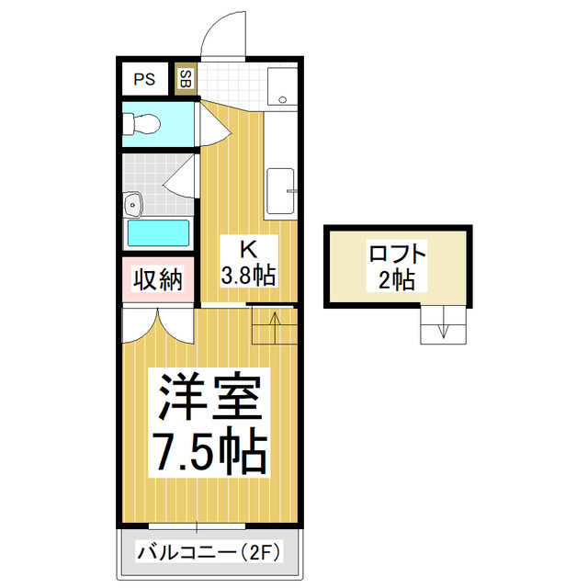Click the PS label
[144, 78]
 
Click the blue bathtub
[158, 232]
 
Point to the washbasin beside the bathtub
[132, 201]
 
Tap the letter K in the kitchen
[248, 249]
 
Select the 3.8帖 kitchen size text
[248, 274]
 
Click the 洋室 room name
[210, 397]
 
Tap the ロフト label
[397, 252]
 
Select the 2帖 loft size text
[397, 279]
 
